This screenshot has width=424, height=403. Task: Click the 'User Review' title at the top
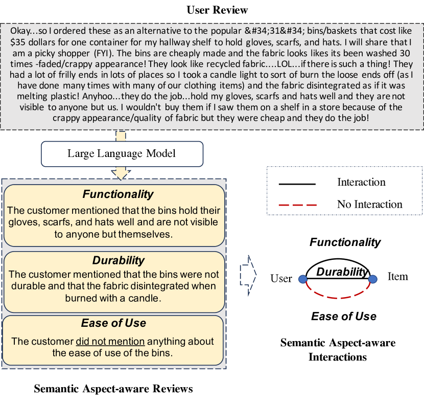217,10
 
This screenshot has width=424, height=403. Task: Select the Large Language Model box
122,153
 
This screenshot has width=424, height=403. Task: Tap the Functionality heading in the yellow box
118,194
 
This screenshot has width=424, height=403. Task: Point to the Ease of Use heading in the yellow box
113,323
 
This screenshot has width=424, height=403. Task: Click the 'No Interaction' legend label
369,205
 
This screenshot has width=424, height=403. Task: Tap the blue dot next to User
302,279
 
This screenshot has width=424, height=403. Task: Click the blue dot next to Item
373,279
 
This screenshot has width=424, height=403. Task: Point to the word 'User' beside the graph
281,279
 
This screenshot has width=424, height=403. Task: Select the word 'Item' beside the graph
397,277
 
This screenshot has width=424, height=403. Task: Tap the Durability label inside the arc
342,272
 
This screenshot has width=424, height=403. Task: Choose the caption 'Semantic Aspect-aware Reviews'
113,389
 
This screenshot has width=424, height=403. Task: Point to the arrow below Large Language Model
121,173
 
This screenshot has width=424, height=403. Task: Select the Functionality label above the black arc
345,242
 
